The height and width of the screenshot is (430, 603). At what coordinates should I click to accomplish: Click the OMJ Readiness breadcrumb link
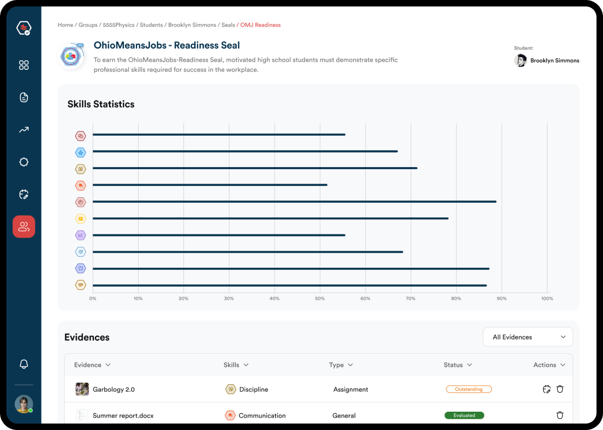pyautogui.click(x=261, y=25)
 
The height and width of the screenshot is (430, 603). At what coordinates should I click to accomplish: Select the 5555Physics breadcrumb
pyautogui.click(x=119, y=25)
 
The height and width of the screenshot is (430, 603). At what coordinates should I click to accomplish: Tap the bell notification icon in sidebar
pyautogui.click(x=24, y=364)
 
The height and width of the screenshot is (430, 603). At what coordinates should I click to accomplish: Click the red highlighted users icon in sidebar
pyautogui.click(x=24, y=227)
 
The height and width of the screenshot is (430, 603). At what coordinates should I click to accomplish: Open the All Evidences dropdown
pyautogui.click(x=527, y=337)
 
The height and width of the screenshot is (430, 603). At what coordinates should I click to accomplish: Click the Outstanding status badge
pyautogui.click(x=469, y=389)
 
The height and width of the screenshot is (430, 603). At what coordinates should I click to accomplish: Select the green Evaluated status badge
pyautogui.click(x=464, y=415)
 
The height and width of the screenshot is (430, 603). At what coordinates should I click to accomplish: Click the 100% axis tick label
pyautogui.click(x=546, y=299)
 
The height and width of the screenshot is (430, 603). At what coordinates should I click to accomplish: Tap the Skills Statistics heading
pyautogui.click(x=101, y=105)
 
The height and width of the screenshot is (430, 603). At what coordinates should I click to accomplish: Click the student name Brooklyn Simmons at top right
pyautogui.click(x=554, y=61)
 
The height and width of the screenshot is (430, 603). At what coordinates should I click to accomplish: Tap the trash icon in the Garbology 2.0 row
pyautogui.click(x=560, y=389)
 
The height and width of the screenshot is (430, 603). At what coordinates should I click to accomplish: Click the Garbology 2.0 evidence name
pyautogui.click(x=114, y=390)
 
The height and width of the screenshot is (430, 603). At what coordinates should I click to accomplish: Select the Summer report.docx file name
pyautogui.click(x=123, y=416)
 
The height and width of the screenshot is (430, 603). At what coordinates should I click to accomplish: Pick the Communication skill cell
pyautogui.click(x=262, y=416)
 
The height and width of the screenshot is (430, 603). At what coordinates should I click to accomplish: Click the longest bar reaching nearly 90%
pyautogui.click(x=294, y=202)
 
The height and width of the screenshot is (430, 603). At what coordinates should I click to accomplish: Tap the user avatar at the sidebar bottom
pyautogui.click(x=24, y=404)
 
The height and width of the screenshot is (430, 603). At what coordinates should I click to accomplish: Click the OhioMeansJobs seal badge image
pyautogui.click(x=71, y=56)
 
